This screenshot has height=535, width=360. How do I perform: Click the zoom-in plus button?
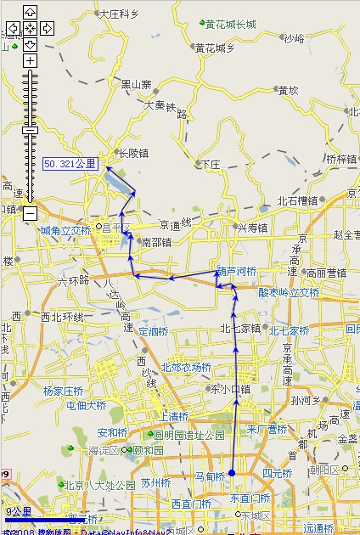tap(30, 61)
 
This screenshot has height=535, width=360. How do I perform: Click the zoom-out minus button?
tap(30, 212)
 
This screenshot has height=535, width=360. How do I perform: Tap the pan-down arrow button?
tap(30, 43)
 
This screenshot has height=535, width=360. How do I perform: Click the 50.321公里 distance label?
tap(70, 163)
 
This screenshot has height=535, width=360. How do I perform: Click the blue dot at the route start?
tap(231, 473)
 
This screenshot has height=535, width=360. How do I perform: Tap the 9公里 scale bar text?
tap(19, 512)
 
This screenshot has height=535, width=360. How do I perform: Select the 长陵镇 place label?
tap(132, 154)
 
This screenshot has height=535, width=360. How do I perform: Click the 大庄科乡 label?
tap(118, 14)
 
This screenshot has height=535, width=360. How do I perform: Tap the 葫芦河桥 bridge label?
tap(235, 272)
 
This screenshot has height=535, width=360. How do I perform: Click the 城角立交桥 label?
tap(65, 230)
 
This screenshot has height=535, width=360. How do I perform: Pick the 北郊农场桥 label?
tap(187, 367)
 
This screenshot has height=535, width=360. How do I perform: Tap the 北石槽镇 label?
tap(297, 201)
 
